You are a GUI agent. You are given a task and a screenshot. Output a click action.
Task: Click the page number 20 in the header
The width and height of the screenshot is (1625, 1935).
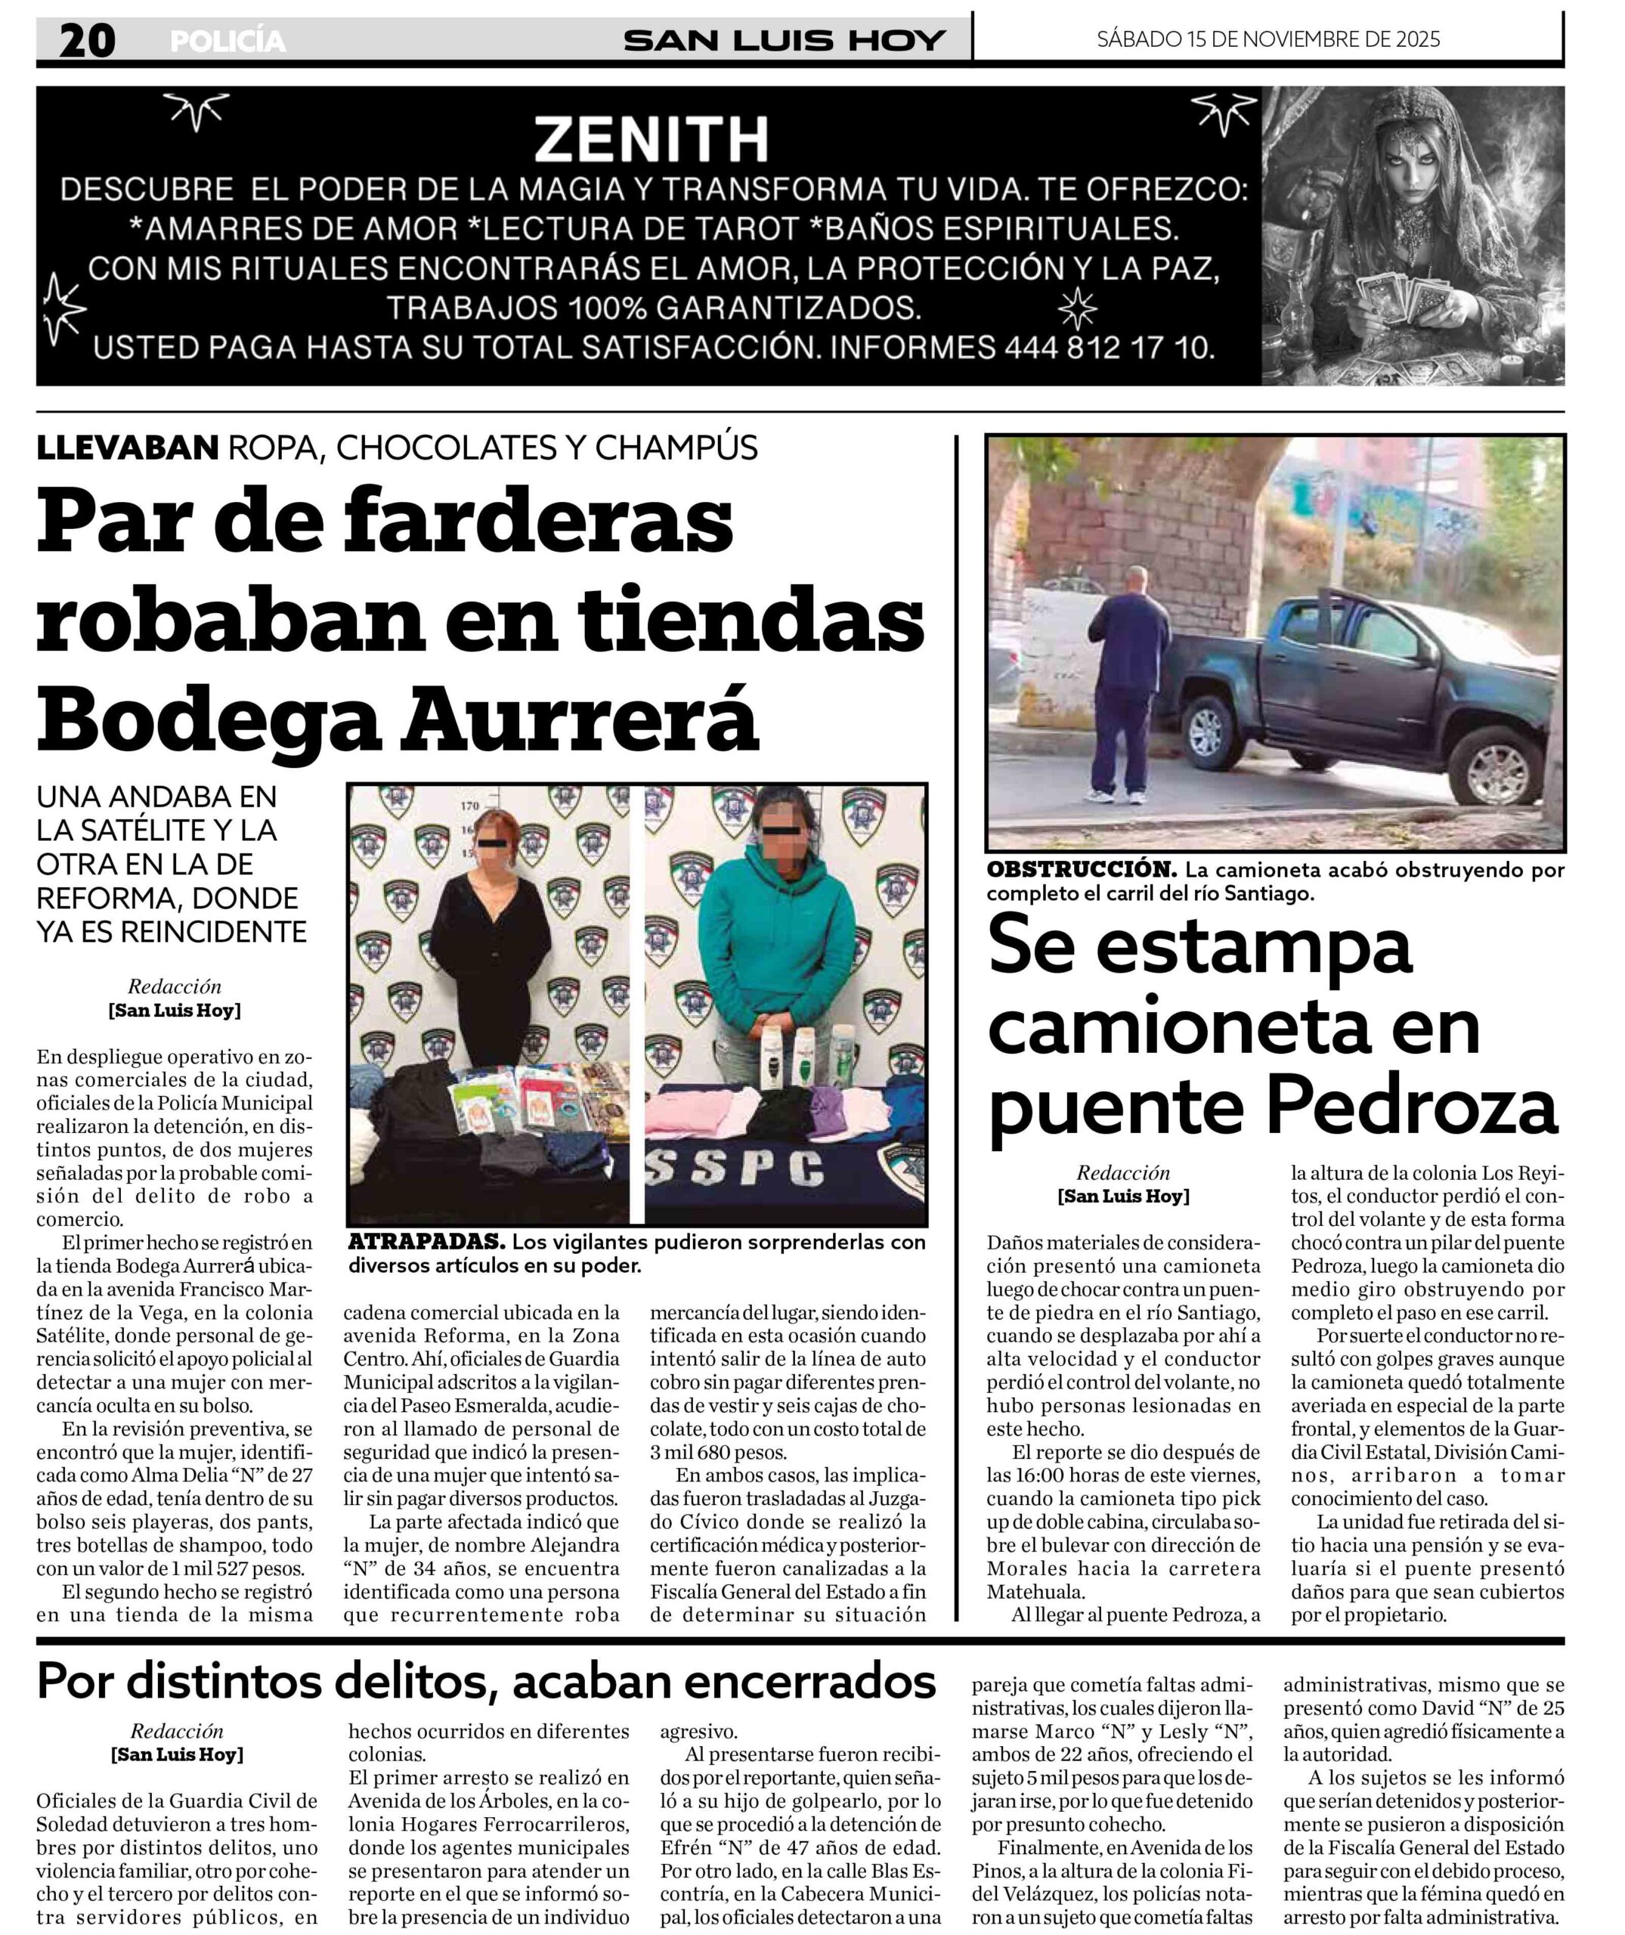(x=87, y=41)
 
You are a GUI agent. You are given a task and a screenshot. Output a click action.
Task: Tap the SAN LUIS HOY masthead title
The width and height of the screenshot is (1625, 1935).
(x=784, y=41)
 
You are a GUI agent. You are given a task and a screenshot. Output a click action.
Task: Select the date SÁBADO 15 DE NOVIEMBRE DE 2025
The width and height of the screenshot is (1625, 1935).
(x=1267, y=39)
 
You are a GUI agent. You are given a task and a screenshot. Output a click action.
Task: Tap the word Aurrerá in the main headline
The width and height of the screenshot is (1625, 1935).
(x=580, y=722)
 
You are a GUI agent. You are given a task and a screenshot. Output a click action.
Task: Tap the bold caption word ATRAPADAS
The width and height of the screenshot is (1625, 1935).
(x=426, y=1242)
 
